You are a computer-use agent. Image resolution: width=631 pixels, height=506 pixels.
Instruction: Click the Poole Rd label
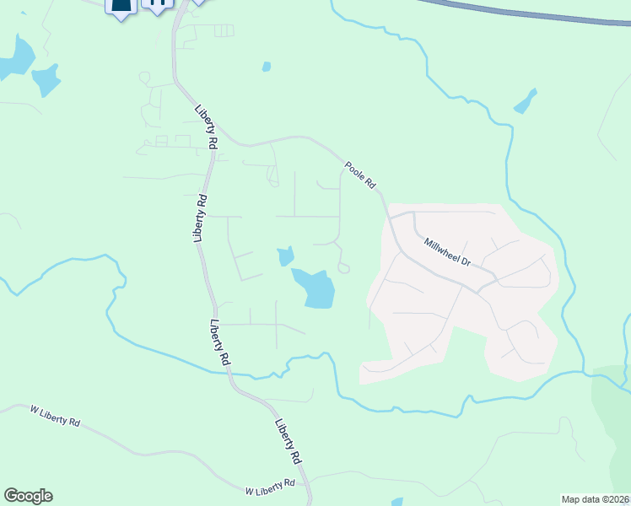(359, 175)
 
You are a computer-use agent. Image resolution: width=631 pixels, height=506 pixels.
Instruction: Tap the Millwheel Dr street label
(447, 251)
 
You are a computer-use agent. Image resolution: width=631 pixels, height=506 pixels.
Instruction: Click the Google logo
(28, 496)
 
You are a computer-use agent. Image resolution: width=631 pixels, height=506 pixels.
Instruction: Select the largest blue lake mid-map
(315, 288)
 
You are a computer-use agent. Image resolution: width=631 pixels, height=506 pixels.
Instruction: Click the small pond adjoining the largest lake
(285, 256)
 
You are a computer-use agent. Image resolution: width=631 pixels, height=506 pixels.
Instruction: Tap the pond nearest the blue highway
(525, 101)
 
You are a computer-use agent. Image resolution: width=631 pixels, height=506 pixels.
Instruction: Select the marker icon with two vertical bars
(157, 4)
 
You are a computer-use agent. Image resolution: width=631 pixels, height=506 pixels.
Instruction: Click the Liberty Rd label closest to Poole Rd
(206, 128)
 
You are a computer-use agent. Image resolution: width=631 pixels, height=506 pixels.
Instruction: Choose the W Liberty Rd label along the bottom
(270, 487)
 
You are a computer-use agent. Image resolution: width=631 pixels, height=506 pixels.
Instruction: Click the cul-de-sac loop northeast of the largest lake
(343, 267)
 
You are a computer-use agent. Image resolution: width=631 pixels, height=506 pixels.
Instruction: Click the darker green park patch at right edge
(613, 413)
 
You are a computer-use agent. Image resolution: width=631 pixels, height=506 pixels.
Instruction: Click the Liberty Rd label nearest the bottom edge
(288, 441)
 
